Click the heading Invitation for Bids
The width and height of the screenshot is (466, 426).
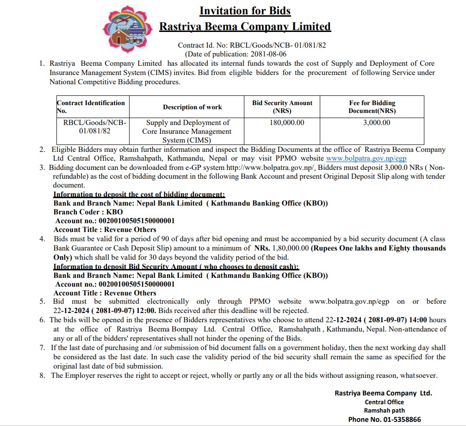click(245, 11)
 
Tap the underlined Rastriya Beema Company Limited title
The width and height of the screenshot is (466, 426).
click(245, 26)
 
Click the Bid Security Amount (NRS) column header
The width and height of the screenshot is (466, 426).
click(282, 107)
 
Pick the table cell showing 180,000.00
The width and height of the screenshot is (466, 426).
click(287, 123)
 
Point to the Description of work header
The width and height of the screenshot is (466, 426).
click(192, 107)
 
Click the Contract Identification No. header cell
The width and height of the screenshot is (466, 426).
click(91, 107)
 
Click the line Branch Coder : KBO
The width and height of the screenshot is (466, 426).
click(88, 212)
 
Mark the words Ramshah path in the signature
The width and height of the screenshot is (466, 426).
click(384, 411)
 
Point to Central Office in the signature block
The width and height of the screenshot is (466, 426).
click(384, 402)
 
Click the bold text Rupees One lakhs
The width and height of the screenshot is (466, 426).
click(342, 248)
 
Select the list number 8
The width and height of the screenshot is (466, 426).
click(42, 376)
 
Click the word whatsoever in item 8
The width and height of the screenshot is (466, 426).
click(418, 376)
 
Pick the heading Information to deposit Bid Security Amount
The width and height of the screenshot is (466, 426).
click(176, 267)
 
